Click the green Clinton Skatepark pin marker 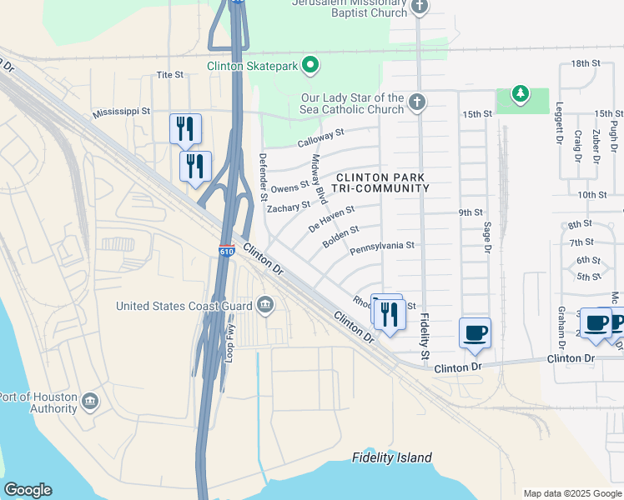[x=310, y=64]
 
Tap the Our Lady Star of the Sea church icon [x=418, y=103]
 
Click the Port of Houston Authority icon [x=89, y=402]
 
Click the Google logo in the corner [x=28, y=490]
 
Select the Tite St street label [x=170, y=75]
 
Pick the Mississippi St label [x=122, y=111]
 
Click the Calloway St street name [x=321, y=133]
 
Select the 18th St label [x=586, y=63]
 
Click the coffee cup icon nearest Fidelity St [x=475, y=333]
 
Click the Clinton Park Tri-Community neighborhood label [x=382, y=182]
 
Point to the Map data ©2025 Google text [x=571, y=492]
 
